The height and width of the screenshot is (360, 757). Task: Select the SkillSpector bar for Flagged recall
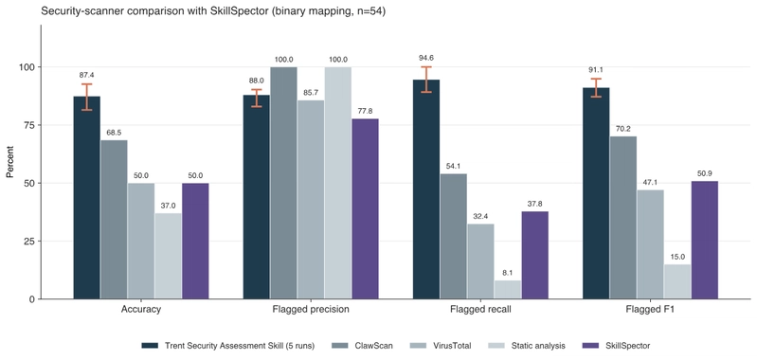[535, 255]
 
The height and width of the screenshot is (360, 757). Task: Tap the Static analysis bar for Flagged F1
[677, 281]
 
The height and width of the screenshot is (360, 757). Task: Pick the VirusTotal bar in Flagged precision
[311, 200]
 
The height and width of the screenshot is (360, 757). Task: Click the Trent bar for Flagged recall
[426, 189]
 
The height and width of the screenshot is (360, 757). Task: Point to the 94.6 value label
[426, 60]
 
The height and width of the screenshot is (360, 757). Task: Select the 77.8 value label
[365, 111]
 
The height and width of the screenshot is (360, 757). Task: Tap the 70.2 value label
[623, 128]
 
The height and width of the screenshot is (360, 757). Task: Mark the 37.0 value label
[168, 205]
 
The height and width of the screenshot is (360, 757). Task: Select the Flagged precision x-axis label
[311, 310]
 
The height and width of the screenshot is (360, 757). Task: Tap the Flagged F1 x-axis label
[650, 310]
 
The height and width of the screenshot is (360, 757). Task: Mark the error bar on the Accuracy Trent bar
[87, 97]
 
